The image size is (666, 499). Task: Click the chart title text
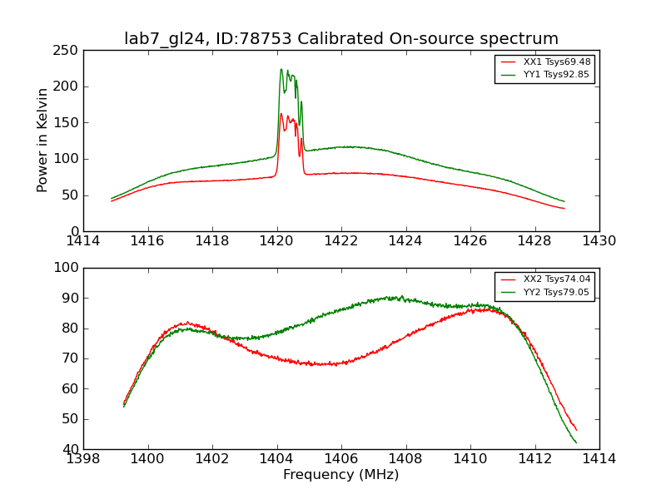(341, 39)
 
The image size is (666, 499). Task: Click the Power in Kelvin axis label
(43, 141)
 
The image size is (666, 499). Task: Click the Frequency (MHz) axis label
(341, 475)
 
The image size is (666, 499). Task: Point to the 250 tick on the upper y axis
(68, 50)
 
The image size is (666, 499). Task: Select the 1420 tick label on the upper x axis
(277, 241)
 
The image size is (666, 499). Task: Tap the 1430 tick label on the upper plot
(599, 241)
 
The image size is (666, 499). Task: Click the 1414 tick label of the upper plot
(84, 241)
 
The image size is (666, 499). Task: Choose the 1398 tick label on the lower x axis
(84, 459)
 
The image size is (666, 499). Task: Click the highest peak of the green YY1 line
(281, 69)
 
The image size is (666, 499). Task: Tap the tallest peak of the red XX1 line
(281, 114)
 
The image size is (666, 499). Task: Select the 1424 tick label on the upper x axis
(406, 241)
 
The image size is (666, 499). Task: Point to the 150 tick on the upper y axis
(68, 122)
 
